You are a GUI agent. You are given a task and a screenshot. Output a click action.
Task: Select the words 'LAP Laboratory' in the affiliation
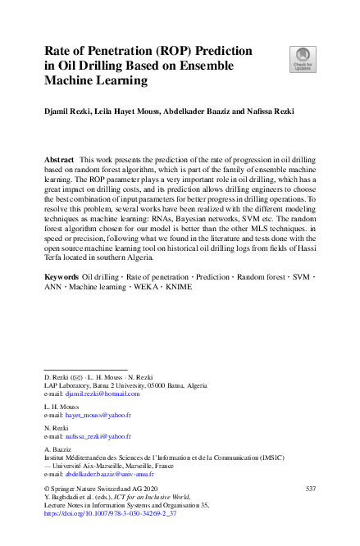pyautogui.click(x=67, y=385)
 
